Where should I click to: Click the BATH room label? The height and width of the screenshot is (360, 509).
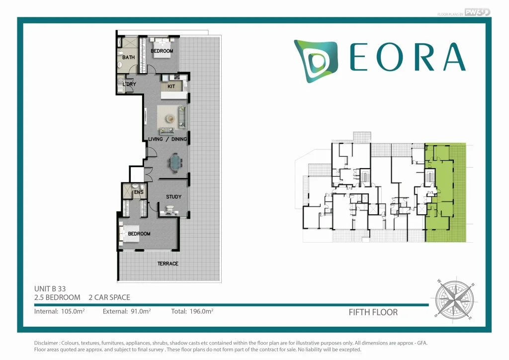point(129,58)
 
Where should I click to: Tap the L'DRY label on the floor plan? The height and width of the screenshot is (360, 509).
point(129,85)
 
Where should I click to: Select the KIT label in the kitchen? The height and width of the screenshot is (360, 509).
point(171,87)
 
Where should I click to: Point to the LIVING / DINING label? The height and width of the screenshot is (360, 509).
point(168,139)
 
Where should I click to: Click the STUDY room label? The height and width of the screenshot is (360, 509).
point(173,197)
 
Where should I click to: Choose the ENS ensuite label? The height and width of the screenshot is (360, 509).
point(139,192)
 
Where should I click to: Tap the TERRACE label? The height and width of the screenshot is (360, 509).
point(168,264)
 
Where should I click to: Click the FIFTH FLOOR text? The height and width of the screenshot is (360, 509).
point(373,312)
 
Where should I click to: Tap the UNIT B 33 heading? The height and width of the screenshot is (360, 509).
point(50,288)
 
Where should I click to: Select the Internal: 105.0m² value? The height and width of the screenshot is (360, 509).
point(60,312)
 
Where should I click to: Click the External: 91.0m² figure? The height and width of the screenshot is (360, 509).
point(127,312)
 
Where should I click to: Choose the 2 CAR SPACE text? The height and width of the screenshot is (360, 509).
point(109,297)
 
